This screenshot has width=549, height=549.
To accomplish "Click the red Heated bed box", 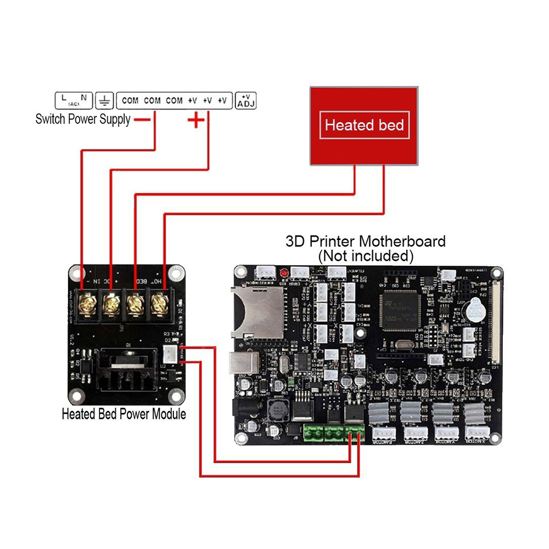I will [363, 125].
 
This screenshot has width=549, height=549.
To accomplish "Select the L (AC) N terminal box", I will [74, 100].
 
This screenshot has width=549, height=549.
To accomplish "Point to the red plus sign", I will [196, 119].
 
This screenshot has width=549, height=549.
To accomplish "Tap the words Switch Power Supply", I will [83, 119].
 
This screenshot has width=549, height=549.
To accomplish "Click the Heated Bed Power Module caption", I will [124, 414].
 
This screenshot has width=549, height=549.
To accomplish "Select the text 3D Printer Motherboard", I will [366, 241].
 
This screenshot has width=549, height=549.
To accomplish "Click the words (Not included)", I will [366, 255].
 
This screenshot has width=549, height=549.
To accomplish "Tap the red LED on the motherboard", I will [284, 272].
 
